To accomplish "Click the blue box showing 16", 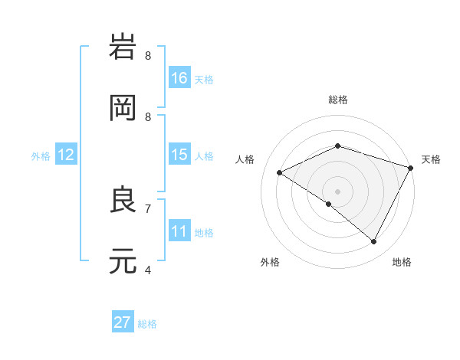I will click(x=179, y=78).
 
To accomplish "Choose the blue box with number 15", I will click(x=179, y=155).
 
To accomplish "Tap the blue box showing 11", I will click(x=179, y=231).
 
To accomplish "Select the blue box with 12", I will click(x=66, y=155).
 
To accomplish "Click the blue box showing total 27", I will click(x=123, y=322).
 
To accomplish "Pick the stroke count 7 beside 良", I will click(x=148, y=208).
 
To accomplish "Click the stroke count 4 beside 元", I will click(x=148, y=269).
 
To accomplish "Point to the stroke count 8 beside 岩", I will click(x=148, y=55).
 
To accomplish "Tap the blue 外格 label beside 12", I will click(x=41, y=155).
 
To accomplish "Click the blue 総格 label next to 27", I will click(x=147, y=323).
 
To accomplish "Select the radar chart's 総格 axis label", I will click(x=337, y=100).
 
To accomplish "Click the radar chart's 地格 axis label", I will click(x=402, y=262).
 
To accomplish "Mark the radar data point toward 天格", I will click(x=411, y=167).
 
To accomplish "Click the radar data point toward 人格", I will click(x=280, y=172).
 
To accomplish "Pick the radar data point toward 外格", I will click(x=329, y=204).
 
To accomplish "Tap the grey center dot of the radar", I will click(x=337, y=191).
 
